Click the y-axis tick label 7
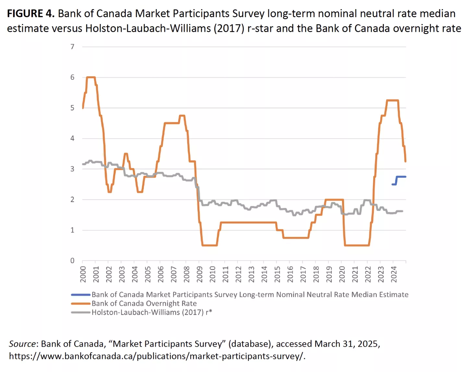pyautogui.click(x=72, y=47)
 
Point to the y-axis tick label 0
pyautogui.click(x=72, y=260)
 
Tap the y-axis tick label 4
pyautogui.click(x=72, y=138)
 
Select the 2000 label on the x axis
pyautogui.click(x=83, y=274)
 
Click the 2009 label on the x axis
pyautogui.click(x=199, y=274)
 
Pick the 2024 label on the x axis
pyautogui.click(x=394, y=274)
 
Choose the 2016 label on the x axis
pyautogui.click(x=290, y=274)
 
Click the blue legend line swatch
pyautogui.click(x=81, y=294)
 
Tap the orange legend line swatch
pyautogui.click(x=81, y=304)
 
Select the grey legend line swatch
pyautogui.click(x=81, y=312)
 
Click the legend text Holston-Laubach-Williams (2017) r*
pyautogui.click(x=152, y=312)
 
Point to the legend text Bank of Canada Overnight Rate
pyautogui.click(x=144, y=304)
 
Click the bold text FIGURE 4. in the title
pyautogui.click(x=30, y=14)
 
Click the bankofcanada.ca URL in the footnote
pyautogui.click(x=157, y=356)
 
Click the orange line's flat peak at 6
pyautogui.click(x=90, y=77)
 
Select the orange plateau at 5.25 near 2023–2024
pyautogui.click(x=392, y=100)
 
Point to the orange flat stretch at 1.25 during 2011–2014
pyautogui.click(x=248, y=222)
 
